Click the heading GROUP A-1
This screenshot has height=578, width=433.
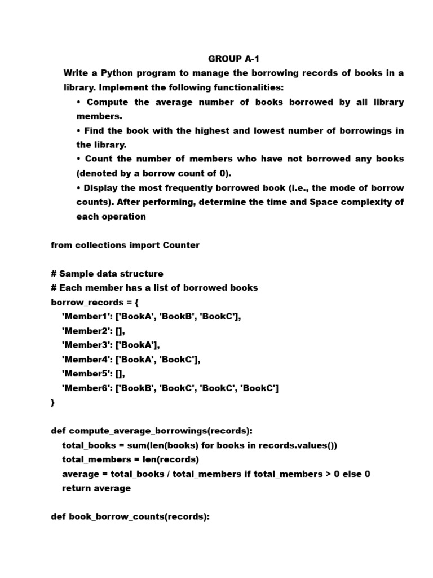pyautogui.click(x=233, y=59)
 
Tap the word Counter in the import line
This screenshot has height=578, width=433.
pyautogui.click(x=181, y=245)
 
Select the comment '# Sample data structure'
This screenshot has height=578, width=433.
pyautogui.click(x=107, y=274)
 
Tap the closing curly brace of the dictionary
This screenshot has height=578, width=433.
pyautogui.click(x=53, y=402)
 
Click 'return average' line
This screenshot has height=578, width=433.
pyautogui.click(x=96, y=488)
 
